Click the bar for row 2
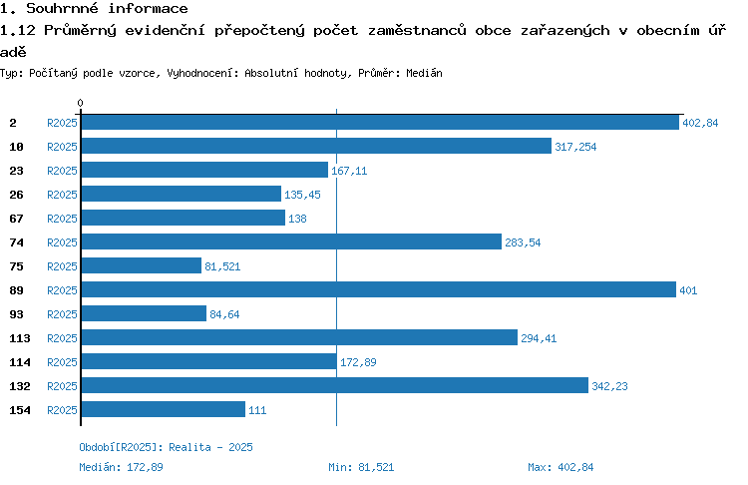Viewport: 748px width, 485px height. tap(380, 123)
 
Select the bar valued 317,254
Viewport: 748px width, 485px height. tap(316, 146)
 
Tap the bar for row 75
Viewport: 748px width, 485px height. tap(142, 265)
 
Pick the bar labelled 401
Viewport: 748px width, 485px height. tap(379, 289)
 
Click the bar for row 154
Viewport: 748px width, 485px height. tap(164, 409)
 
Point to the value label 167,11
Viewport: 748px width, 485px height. tap(349, 171)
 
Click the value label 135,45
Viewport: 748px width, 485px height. tap(302, 195)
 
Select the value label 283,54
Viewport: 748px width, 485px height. tap(523, 242)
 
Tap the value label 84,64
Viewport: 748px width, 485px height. tap(224, 314)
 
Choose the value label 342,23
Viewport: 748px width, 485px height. tap(609, 386)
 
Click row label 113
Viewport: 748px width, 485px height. tap(20, 338)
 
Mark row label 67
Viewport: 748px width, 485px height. tap(16, 219)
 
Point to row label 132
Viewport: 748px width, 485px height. tap(20, 386)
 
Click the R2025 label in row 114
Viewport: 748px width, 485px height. tap(62, 362)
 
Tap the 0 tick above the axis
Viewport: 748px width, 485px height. tap(80, 103)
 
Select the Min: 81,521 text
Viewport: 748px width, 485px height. tap(361, 467)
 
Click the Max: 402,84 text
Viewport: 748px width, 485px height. tap(561, 467)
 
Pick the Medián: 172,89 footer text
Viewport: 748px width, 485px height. tap(121, 467)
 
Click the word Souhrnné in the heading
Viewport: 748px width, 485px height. tap(62, 9)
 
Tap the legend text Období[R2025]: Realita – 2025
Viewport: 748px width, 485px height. tap(166, 447)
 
